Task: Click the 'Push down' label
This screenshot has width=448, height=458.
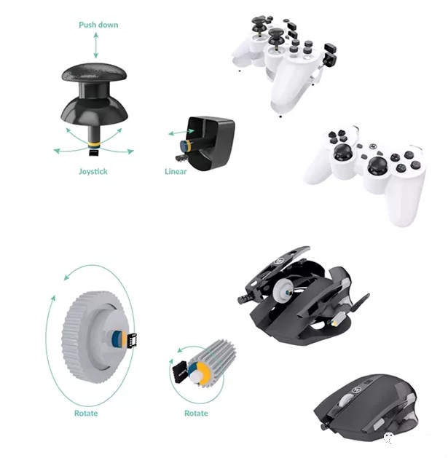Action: pyautogui.click(x=98, y=25)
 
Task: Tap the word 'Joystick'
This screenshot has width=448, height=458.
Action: pyautogui.click(x=94, y=172)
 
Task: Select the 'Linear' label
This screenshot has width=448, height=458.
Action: pyautogui.click(x=176, y=172)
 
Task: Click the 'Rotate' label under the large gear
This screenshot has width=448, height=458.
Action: pyautogui.click(x=85, y=414)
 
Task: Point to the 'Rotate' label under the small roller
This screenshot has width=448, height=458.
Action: pyautogui.click(x=195, y=414)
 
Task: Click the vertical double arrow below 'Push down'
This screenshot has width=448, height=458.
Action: pyautogui.click(x=95, y=46)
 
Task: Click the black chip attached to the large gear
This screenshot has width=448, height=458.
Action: pyautogui.click(x=133, y=339)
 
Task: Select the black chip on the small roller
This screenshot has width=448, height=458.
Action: pyautogui.click(x=177, y=370)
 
